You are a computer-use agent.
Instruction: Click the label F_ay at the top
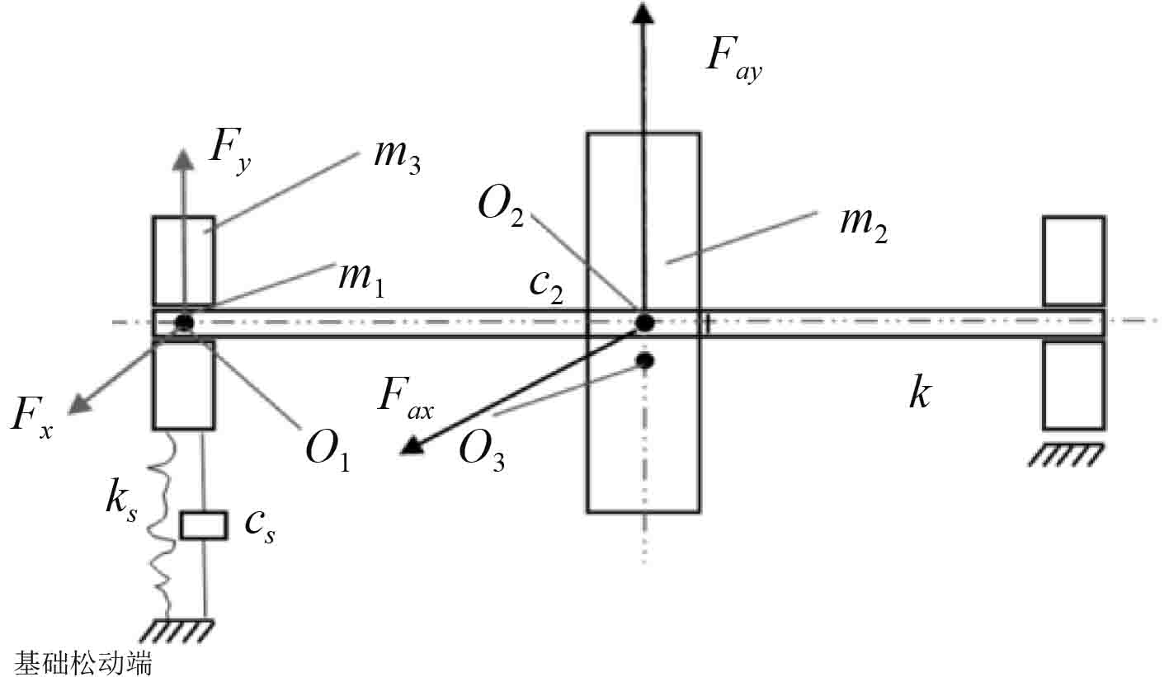point(733,59)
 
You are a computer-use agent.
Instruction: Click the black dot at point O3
point(645,360)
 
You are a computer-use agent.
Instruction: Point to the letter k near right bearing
point(919,394)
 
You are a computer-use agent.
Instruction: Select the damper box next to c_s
point(203,525)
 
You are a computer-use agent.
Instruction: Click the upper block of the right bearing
point(1073,261)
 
